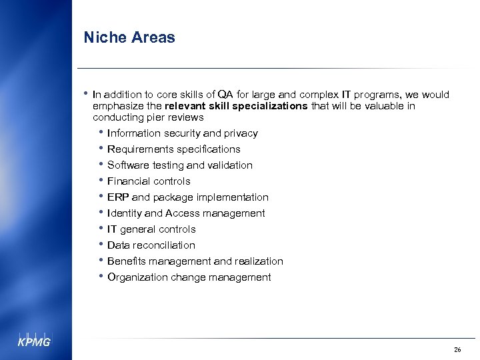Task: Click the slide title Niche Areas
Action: click(x=129, y=37)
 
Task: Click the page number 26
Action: click(x=457, y=349)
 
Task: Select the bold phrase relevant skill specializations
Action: click(x=237, y=106)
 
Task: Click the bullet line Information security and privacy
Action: click(x=182, y=133)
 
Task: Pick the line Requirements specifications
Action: click(x=173, y=149)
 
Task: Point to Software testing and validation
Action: click(x=179, y=165)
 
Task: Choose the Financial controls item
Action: click(x=149, y=181)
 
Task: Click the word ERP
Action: click(x=118, y=197)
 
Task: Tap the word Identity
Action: click(x=124, y=213)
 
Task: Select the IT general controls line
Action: click(x=151, y=229)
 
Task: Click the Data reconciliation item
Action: click(x=151, y=245)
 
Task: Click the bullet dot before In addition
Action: click(x=87, y=94)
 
